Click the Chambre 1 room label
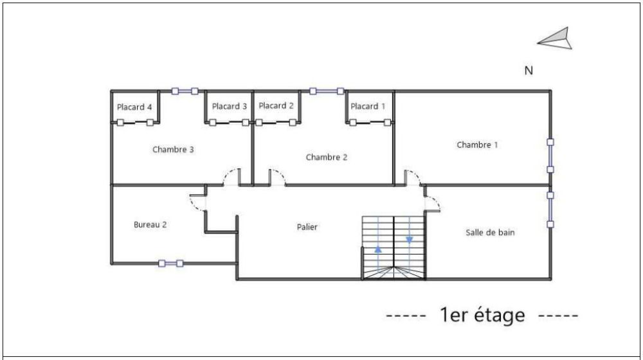point(477,145)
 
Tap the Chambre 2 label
point(327,157)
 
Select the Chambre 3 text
point(173,149)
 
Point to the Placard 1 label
point(368,106)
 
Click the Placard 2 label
point(276,105)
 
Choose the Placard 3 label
point(230,106)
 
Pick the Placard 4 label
point(135,107)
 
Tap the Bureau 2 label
point(150,224)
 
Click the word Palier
point(307,227)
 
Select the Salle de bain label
point(490,232)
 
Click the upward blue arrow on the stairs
point(378,248)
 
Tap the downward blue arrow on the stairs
point(409,240)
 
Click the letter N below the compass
point(529,71)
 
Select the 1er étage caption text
point(482,316)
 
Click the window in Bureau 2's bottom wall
point(170,262)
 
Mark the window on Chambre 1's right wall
point(550,156)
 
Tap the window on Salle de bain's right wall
point(550,209)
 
